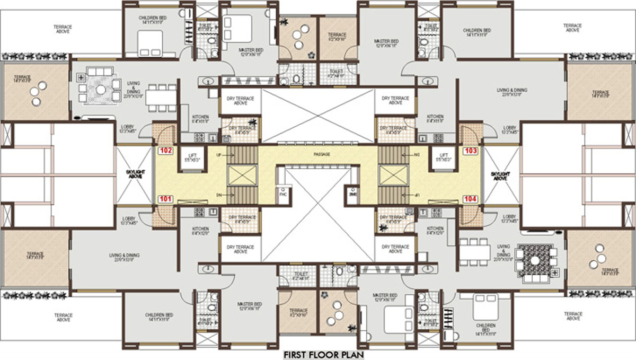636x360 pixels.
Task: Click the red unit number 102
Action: click(x=166, y=151)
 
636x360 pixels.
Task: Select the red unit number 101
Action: click(x=166, y=199)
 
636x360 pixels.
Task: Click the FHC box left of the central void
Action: click(x=282, y=194)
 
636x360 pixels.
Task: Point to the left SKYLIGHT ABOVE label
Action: click(x=133, y=174)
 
